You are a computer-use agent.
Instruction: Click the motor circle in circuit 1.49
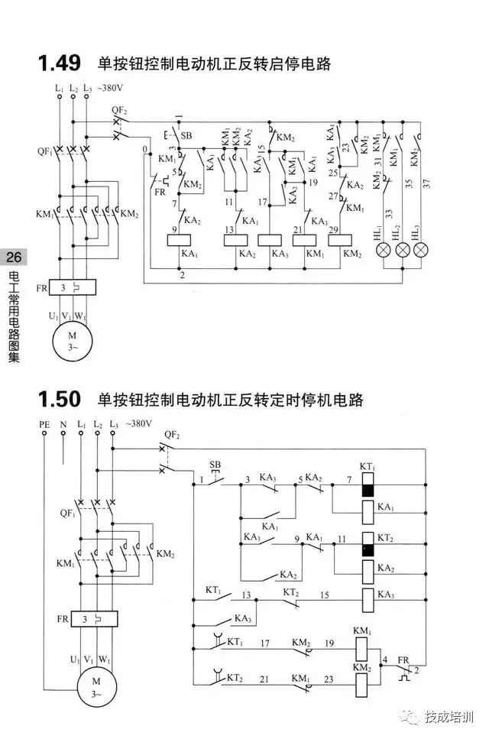[x=73, y=339]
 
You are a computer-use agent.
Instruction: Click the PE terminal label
[x=44, y=423]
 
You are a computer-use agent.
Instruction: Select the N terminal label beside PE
[x=63, y=423]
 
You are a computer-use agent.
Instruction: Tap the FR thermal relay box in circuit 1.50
[x=95, y=618]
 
